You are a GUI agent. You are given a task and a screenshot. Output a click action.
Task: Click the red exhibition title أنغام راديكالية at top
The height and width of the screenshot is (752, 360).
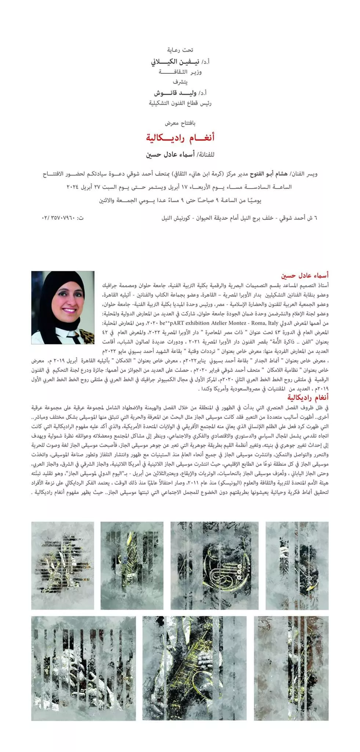tap(180, 138)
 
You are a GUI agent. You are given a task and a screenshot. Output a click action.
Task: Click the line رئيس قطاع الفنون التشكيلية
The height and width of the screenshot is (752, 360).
tap(180, 103)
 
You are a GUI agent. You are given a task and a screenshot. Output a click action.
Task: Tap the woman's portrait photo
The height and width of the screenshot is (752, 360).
tap(63, 307)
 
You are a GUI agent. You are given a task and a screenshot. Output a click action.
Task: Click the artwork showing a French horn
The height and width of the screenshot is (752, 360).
tap(214, 565)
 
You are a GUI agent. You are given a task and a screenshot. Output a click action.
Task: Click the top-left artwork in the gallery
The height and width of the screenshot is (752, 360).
tap(62, 565)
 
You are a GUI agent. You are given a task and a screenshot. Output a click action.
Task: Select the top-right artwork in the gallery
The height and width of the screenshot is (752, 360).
tap(297, 565)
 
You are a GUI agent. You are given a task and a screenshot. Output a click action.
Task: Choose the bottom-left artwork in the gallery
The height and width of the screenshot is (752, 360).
tap(83, 668)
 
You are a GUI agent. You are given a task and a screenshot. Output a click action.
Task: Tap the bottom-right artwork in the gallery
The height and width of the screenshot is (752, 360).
tap(291, 668)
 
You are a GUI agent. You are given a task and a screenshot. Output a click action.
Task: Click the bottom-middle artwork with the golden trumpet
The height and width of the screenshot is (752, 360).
tap(194, 668)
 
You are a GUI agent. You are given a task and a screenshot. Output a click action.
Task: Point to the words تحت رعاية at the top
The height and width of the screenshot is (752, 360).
tap(180, 50)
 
